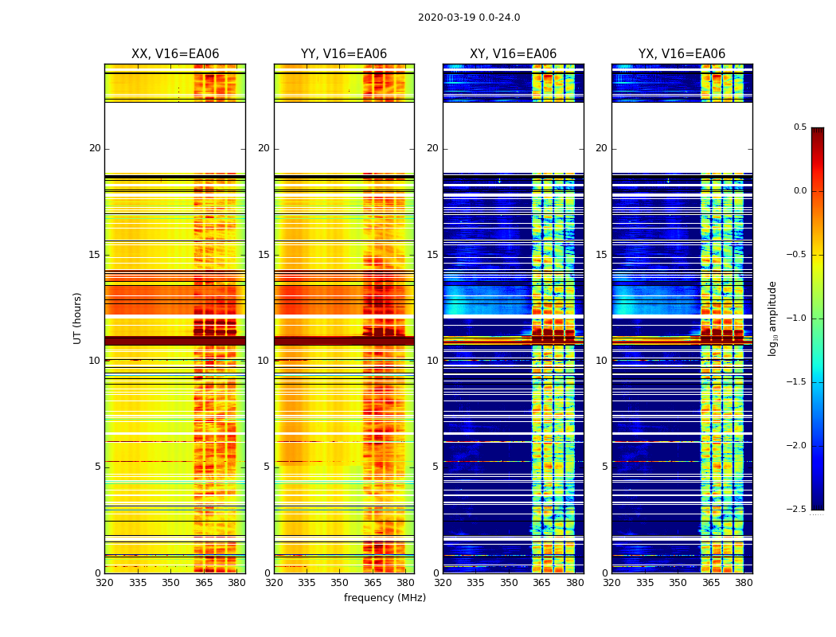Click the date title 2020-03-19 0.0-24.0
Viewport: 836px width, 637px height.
[469, 18]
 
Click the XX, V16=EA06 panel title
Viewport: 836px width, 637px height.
[175, 54]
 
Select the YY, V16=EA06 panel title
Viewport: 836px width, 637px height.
[344, 54]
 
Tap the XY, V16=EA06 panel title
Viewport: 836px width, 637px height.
[513, 54]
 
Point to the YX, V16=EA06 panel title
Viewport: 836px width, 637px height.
[682, 54]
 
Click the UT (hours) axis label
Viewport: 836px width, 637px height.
[77, 318]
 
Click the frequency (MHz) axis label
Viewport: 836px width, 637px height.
[385, 598]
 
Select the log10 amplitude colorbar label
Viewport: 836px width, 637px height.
[772, 318]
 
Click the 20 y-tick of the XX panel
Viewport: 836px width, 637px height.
[95, 148]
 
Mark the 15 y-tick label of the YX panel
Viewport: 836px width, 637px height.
[602, 255]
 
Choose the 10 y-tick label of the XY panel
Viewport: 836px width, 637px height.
[433, 361]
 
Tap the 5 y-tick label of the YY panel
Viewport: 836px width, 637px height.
[267, 467]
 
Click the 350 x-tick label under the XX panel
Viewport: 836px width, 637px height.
[170, 583]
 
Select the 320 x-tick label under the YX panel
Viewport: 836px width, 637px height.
[611, 583]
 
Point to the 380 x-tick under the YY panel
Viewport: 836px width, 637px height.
[405, 583]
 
